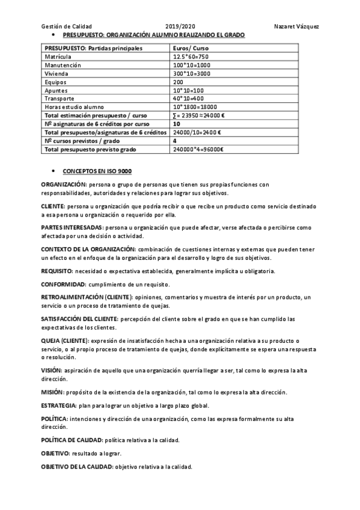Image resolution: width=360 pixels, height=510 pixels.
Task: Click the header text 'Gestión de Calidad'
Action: click(66, 27)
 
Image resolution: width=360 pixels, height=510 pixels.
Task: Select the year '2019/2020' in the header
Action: click(180, 27)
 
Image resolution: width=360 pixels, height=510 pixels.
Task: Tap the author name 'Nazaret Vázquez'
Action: click(296, 27)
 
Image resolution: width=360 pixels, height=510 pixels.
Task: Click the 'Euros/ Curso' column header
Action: click(191, 48)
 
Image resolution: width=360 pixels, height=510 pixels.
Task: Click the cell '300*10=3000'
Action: click(192, 73)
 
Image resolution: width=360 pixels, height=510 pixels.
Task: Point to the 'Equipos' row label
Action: click(55, 81)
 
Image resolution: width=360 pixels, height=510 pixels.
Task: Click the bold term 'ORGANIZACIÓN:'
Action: click(64, 184)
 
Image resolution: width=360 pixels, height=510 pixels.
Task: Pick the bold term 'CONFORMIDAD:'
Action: click(63, 284)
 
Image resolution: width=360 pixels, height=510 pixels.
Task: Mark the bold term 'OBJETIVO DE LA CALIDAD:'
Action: click(76, 467)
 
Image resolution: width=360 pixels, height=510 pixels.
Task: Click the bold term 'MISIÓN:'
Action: click(53, 392)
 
